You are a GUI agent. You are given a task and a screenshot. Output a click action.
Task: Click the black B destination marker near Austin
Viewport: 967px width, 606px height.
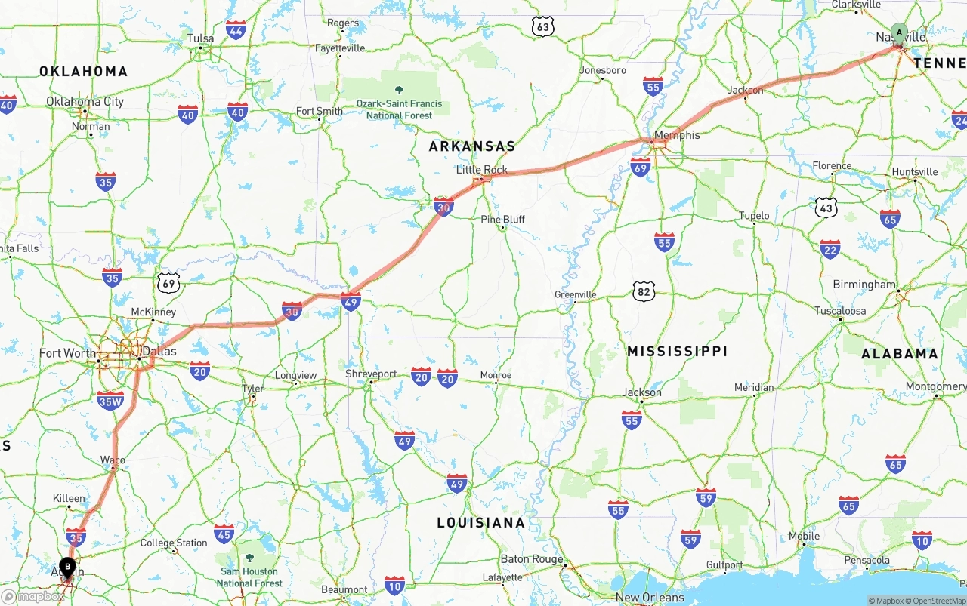click(x=67, y=566)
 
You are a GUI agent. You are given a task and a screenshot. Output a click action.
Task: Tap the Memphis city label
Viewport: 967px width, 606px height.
click(x=677, y=135)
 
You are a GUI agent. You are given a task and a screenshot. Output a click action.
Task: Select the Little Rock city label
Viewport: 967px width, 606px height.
click(x=482, y=170)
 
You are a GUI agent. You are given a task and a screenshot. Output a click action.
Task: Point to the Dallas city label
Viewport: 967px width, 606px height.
click(x=159, y=352)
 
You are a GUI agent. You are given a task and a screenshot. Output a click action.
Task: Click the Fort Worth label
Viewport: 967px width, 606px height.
click(x=68, y=353)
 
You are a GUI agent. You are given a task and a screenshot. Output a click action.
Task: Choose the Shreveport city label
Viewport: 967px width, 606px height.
click(x=371, y=374)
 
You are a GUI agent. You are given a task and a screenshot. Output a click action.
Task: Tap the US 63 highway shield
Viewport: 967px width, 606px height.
click(x=542, y=27)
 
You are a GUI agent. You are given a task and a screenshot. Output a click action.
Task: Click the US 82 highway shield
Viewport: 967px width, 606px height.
click(x=644, y=291)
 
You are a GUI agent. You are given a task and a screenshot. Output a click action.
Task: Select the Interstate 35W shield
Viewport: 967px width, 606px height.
click(x=110, y=401)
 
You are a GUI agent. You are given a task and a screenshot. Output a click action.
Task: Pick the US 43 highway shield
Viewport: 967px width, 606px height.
click(x=826, y=206)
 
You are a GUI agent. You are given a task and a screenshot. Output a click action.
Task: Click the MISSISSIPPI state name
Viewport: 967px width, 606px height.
click(x=677, y=351)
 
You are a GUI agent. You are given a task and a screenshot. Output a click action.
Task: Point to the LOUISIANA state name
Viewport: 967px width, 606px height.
click(x=480, y=522)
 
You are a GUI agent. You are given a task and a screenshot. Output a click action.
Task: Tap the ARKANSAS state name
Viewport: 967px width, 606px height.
click(x=472, y=146)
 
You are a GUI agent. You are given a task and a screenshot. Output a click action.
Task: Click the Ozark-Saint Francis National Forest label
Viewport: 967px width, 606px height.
click(x=399, y=109)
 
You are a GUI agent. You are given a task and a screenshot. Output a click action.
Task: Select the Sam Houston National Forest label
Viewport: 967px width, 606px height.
click(x=249, y=577)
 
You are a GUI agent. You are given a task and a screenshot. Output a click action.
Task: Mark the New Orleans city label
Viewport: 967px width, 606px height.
click(x=650, y=598)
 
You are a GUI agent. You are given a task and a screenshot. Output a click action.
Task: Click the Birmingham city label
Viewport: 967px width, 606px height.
click(x=864, y=285)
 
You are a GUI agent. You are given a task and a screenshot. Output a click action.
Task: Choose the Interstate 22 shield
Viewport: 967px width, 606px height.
click(x=830, y=250)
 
